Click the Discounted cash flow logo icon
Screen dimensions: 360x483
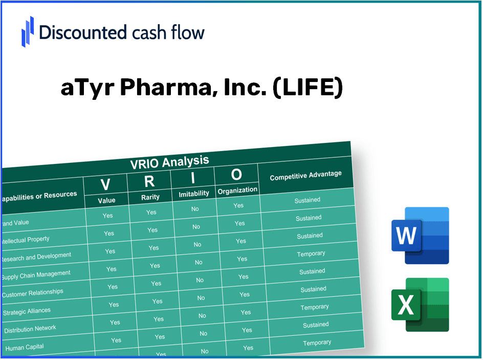[x=28, y=31]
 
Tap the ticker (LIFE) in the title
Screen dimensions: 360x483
[x=308, y=88]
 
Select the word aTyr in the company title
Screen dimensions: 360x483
[x=87, y=88]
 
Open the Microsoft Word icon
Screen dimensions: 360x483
[x=420, y=236]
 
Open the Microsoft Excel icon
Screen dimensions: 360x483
[x=420, y=305]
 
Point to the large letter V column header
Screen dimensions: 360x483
[x=105, y=184]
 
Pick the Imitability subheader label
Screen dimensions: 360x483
[x=194, y=193]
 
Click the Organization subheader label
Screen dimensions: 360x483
[x=237, y=190]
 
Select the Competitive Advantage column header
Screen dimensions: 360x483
[x=305, y=176]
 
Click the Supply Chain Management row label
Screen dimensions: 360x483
[x=36, y=274]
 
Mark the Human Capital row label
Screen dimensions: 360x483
[x=25, y=347]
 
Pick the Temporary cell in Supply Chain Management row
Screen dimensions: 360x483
[x=311, y=253]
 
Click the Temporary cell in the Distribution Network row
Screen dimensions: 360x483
[x=315, y=307]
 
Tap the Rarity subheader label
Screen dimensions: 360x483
[x=150, y=197]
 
